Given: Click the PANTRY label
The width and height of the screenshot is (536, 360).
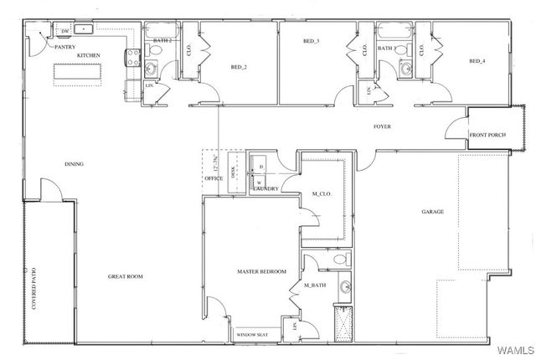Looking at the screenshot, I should pos(66,48).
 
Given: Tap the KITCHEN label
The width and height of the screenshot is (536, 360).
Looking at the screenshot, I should pos(89,55).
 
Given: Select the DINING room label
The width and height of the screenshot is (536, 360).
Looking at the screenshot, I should pos(75,164).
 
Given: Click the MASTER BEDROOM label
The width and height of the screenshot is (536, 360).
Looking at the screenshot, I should pos(261,271).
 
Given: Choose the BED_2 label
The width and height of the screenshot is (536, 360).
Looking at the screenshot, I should pos(238,67).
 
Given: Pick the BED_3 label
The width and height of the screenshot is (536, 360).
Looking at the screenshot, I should pos(311,40).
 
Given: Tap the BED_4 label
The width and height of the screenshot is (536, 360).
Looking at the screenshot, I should pos(477,61).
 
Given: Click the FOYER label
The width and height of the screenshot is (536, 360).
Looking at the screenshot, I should pos(383,126).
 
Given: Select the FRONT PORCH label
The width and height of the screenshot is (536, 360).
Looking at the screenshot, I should pos(488,135).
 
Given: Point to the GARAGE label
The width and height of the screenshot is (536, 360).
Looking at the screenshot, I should pos(432,212).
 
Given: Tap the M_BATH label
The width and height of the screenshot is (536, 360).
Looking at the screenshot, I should pos(314,285).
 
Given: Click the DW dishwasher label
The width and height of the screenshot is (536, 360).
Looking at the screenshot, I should pos(65,31).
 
